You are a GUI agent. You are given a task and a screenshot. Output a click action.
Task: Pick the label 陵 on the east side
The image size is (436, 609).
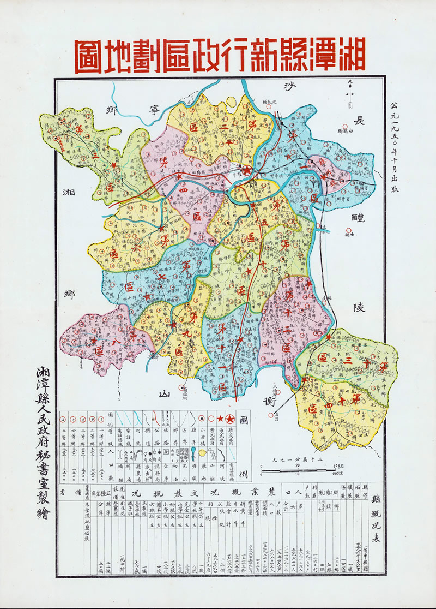pyautogui.click(x=359, y=307)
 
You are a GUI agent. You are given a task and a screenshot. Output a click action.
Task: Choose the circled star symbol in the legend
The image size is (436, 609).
pyautogui.click(x=230, y=419)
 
